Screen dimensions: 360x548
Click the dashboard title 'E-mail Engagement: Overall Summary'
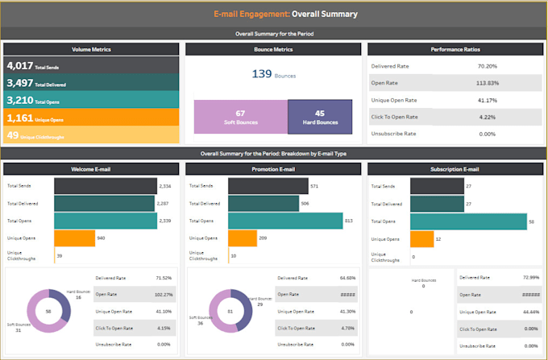point(274,14)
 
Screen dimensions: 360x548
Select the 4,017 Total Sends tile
point(90,66)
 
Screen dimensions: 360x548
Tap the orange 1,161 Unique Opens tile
point(90,118)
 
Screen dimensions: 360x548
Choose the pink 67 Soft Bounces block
point(240,117)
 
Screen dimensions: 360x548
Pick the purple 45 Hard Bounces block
point(319,117)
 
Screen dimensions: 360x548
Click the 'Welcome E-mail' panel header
point(90,170)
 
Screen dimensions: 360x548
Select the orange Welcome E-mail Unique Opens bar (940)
point(74,238)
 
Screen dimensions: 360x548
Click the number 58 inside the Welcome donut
point(50,310)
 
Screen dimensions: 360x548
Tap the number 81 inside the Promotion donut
point(230,310)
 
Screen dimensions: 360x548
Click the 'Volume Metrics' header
point(90,49)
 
